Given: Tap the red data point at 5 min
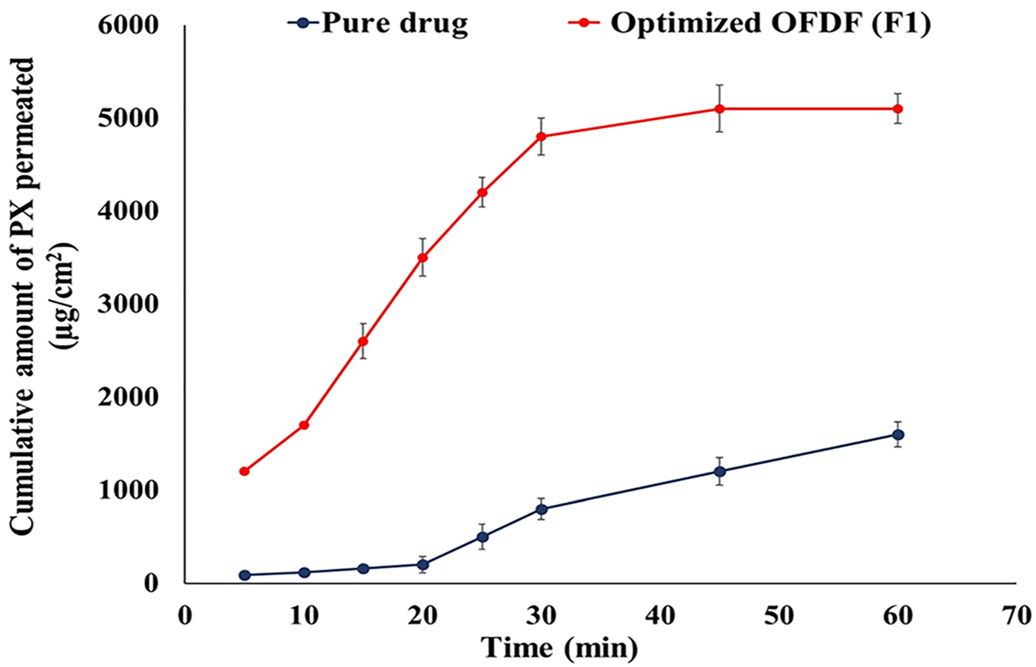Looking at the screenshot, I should [244, 471].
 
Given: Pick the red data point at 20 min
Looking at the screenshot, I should [423, 258].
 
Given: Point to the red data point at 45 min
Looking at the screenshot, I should [720, 109].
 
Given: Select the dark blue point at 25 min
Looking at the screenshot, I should [482, 537].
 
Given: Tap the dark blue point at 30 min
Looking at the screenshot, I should [542, 509].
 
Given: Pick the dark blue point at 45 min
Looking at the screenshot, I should [720, 471].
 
